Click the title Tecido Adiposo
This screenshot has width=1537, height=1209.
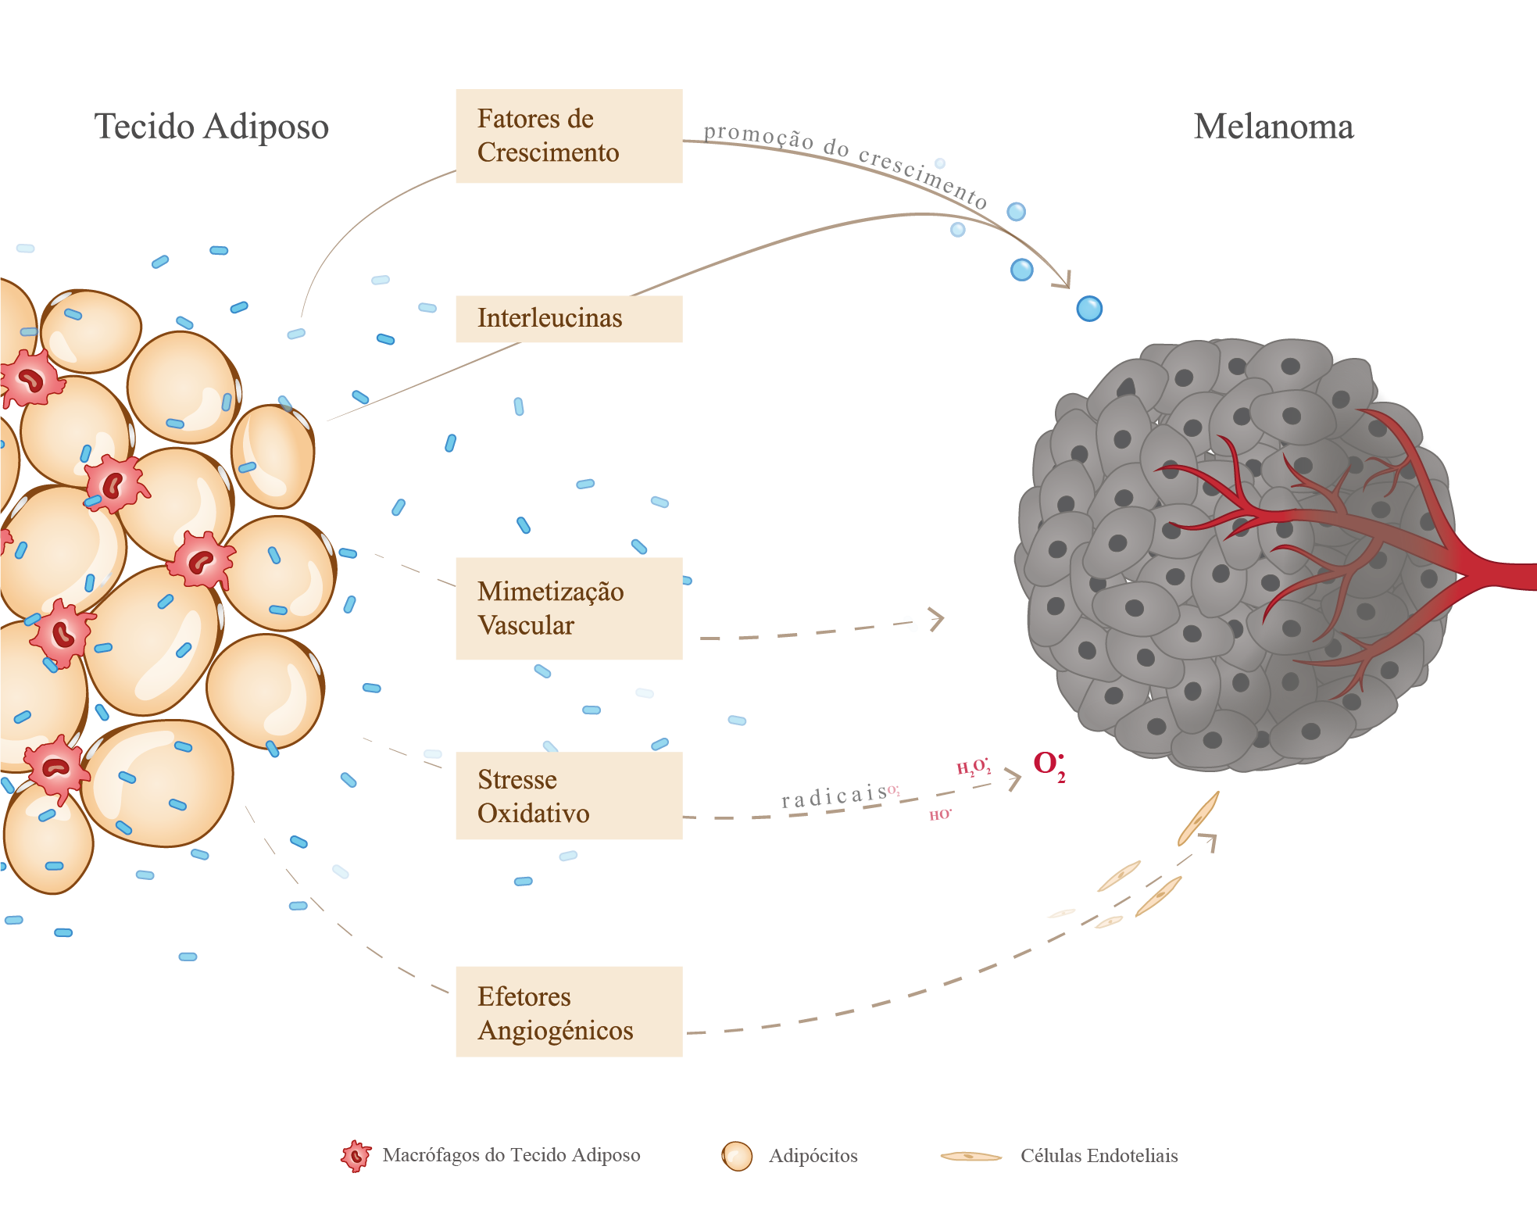click(x=211, y=127)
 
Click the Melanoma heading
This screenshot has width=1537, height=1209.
click(x=1273, y=127)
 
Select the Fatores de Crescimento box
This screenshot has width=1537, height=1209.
click(x=568, y=136)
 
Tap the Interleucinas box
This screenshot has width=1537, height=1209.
click(x=568, y=318)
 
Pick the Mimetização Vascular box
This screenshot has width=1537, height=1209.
click(x=568, y=608)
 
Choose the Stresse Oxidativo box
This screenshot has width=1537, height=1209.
click(x=568, y=796)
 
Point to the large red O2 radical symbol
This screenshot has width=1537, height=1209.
click(x=1048, y=764)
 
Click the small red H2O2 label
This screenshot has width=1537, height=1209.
click(x=973, y=767)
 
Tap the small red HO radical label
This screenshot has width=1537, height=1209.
click(x=939, y=815)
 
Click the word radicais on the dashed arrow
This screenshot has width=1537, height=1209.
click(x=834, y=796)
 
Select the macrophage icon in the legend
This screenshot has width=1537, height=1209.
click(x=356, y=1155)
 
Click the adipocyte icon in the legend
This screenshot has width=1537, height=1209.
click(x=736, y=1156)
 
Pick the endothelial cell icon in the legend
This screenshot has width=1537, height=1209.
click(x=970, y=1156)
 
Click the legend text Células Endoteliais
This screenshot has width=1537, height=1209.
click(x=1099, y=1156)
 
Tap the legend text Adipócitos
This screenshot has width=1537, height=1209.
click(x=813, y=1156)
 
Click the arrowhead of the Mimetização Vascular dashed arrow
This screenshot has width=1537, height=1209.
click(x=937, y=619)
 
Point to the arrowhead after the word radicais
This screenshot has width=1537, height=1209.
click(x=1013, y=778)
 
